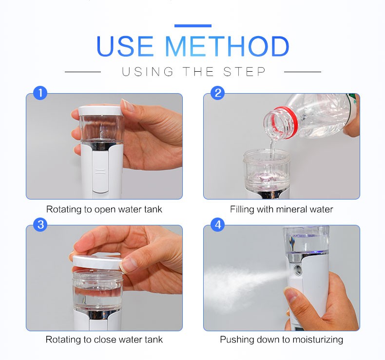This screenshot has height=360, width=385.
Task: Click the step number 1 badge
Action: tap(40, 93)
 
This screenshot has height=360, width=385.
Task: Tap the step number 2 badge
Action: tap(217, 93)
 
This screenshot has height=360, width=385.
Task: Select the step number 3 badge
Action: tap(40, 224)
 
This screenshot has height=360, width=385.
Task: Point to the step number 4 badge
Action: tap(217, 224)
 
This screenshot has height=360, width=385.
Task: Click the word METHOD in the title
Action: tap(227, 46)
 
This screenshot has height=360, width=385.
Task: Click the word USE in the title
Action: tap(125, 46)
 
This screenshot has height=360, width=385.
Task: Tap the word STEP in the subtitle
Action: tap(245, 72)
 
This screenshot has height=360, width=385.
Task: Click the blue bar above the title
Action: tap(193, 26)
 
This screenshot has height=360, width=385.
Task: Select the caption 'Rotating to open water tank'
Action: tap(104, 209)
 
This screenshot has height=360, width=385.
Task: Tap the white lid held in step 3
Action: tap(96, 261)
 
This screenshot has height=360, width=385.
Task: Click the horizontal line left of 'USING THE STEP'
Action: tap(83, 72)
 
